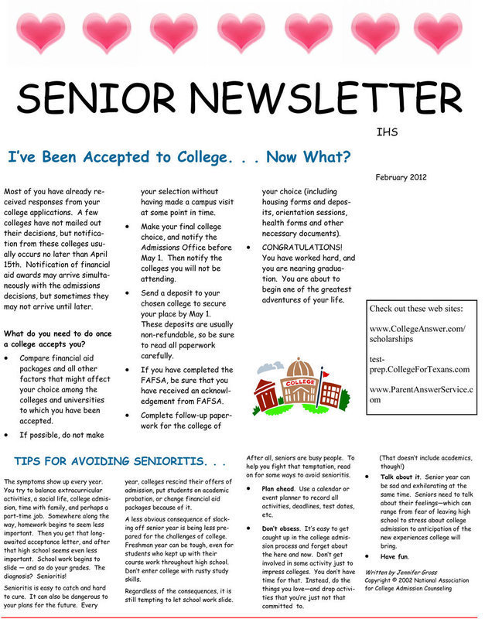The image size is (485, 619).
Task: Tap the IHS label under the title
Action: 387,132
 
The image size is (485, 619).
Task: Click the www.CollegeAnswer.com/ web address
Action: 418,329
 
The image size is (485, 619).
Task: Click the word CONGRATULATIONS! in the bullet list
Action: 304,248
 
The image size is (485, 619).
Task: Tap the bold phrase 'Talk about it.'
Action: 401,477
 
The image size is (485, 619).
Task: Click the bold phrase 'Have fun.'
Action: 395,556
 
